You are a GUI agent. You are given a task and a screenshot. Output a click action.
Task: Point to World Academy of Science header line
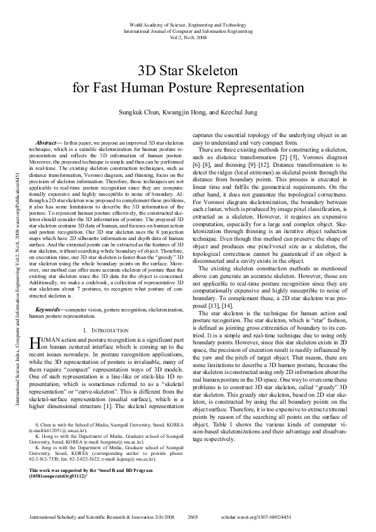(x=188, y=23)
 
